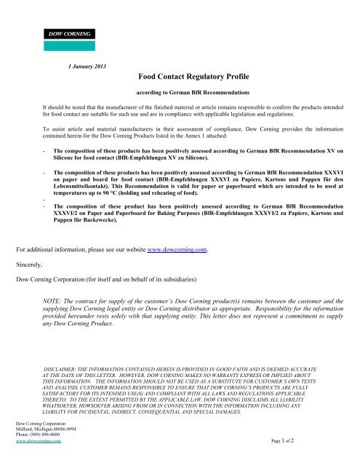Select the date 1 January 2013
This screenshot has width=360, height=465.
[x=87, y=67]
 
